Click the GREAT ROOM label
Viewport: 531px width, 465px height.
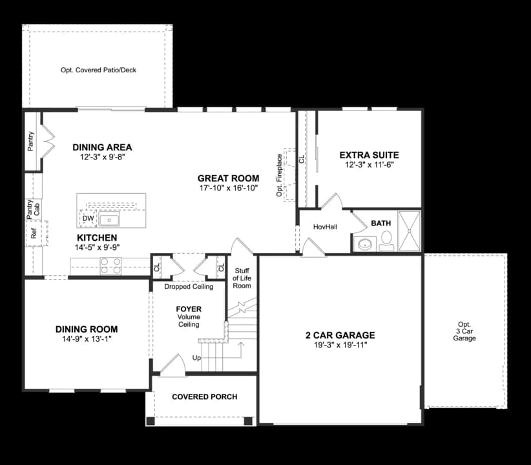coord(228,178)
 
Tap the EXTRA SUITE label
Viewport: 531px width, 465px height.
coord(369,155)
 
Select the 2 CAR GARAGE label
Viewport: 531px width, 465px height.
coord(340,335)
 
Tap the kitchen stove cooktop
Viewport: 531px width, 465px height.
coord(110,264)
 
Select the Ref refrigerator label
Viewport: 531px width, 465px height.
coord(34,233)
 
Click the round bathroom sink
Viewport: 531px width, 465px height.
coord(366,244)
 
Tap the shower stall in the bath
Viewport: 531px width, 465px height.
coord(408,231)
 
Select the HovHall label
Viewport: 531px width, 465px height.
coord(325,227)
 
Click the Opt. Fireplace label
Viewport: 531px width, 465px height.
coord(279,175)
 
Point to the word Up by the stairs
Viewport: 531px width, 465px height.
coord(196,358)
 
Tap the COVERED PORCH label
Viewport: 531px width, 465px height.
coord(204,397)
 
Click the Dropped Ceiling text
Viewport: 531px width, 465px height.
coord(189,287)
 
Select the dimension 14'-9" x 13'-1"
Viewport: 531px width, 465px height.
coord(86,340)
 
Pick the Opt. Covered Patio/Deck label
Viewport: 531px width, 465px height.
coord(99,70)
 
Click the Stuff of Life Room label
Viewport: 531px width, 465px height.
coord(242,278)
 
